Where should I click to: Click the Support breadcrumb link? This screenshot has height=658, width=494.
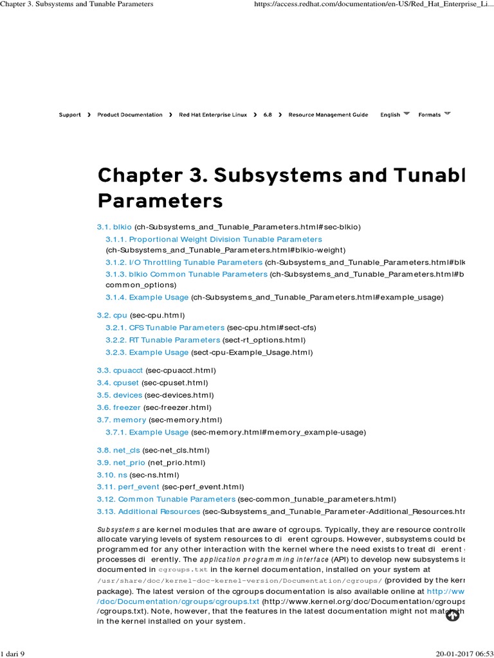pyautogui.click(x=69, y=115)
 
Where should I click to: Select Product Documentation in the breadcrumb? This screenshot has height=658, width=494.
pyautogui.click(x=130, y=115)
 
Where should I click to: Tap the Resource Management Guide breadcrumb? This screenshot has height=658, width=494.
pyautogui.click(x=328, y=115)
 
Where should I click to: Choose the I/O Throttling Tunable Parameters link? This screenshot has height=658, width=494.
pyautogui.click(x=184, y=262)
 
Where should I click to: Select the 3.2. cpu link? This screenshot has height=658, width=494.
pyautogui.click(x=112, y=316)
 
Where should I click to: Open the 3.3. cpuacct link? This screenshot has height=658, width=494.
pyautogui.click(x=120, y=371)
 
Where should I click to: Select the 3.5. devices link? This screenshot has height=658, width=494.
pyautogui.click(x=119, y=395)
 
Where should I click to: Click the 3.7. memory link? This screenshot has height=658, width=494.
pyautogui.click(x=122, y=420)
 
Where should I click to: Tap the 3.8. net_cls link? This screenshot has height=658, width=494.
pyautogui.click(x=118, y=450)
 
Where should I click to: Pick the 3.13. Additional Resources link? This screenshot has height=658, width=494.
pyautogui.click(x=149, y=511)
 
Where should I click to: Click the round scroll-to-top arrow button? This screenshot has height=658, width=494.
pyautogui.click(x=452, y=616)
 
